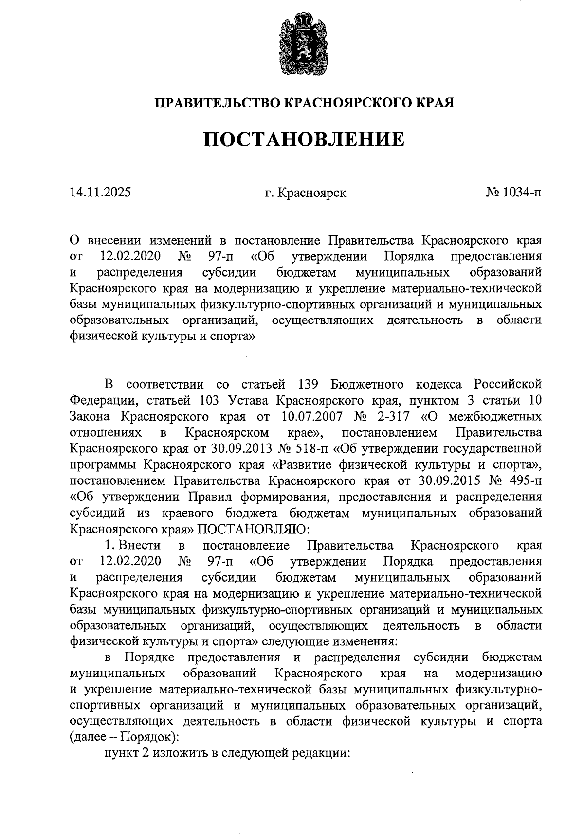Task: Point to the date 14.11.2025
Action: click(100, 193)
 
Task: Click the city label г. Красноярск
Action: click(306, 193)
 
